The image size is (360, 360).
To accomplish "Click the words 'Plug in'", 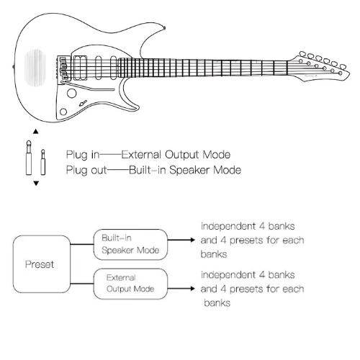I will point(81,155).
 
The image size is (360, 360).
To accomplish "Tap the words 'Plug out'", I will point(84,170).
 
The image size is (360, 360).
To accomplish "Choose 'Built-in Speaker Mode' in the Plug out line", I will point(184,170).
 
